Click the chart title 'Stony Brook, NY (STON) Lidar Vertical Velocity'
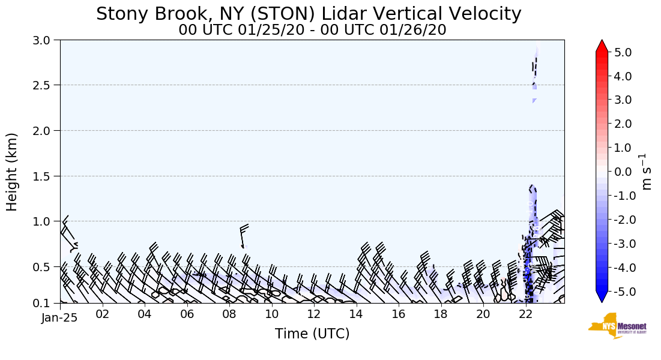(x=309, y=13)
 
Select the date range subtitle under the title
(x=312, y=29)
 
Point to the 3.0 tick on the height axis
(x=45, y=40)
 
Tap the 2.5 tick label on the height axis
(x=45, y=85)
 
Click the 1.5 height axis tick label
(x=45, y=176)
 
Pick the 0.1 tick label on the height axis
(x=45, y=303)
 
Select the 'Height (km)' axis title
(x=12, y=172)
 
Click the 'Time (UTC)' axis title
(x=312, y=334)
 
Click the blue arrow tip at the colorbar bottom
(x=602, y=298)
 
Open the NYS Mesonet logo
(x=617, y=326)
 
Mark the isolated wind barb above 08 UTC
(x=244, y=235)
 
